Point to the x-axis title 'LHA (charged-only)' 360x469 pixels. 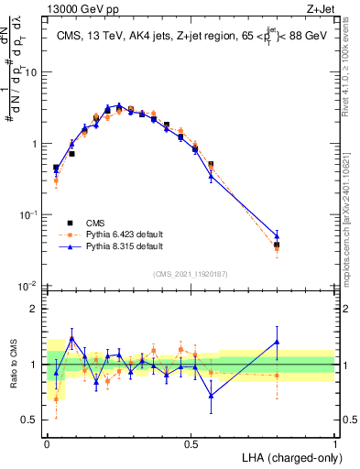point(288,457)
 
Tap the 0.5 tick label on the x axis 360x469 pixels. point(191,442)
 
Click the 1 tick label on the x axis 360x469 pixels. point(334,442)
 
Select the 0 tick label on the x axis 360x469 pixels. point(47,442)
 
